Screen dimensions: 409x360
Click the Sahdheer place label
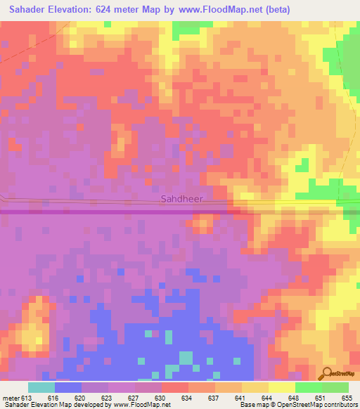pyautogui.click(x=181, y=199)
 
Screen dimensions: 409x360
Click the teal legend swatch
pyautogui.click(x=41, y=387)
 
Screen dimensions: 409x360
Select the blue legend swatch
pyautogui.click(x=68, y=387)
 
